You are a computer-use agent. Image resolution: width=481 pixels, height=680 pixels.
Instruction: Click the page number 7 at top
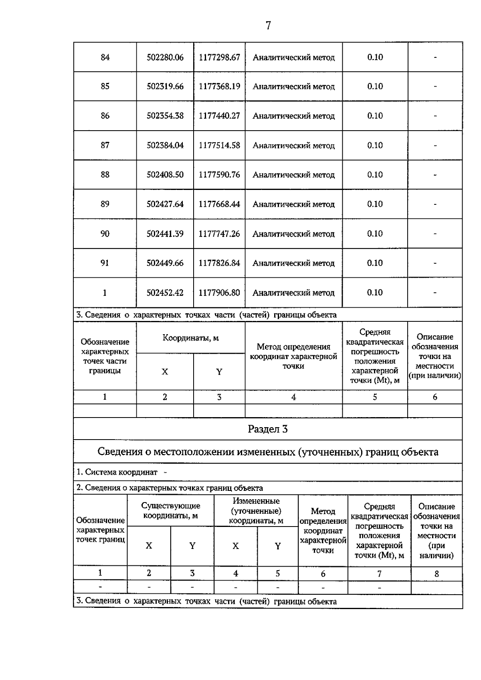(x=268, y=26)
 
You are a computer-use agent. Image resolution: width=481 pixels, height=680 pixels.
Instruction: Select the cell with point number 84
(x=105, y=57)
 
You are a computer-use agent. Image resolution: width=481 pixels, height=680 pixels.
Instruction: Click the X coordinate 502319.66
(x=165, y=87)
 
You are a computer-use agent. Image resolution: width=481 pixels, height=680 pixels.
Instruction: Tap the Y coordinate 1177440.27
(x=219, y=116)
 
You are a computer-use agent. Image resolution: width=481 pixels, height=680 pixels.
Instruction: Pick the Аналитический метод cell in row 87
(x=293, y=145)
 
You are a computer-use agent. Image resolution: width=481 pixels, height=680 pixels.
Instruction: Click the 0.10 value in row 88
(x=375, y=175)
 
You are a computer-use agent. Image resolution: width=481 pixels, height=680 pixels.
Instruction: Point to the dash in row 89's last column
(x=435, y=204)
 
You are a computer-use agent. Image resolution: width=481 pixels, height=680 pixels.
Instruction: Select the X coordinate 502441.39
(x=165, y=234)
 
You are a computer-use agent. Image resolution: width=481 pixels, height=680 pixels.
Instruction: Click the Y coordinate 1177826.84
(x=219, y=263)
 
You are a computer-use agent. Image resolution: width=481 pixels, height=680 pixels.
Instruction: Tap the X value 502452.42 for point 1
(x=165, y=293)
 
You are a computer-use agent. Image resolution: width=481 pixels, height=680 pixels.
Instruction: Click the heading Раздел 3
(x=268, y=429)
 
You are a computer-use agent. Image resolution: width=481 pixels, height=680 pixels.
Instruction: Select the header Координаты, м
(x=190, y=338)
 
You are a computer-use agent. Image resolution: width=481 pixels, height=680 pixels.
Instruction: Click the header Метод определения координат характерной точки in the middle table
(x=293, y=356)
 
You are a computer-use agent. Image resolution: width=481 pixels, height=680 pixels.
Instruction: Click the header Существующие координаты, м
(x=171, y=511)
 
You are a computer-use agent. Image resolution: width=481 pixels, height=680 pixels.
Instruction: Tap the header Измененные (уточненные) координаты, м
(x=256, y=511)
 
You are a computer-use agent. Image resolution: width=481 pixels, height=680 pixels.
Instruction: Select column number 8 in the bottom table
(x=437, y=574)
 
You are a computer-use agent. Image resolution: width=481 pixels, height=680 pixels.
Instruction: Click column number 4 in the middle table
(x=293, y=397)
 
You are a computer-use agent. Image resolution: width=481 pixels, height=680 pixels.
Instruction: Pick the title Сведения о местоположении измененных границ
(x=268, y=452)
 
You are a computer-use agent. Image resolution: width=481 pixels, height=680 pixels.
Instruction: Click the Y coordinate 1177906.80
(x=219, y=293)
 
